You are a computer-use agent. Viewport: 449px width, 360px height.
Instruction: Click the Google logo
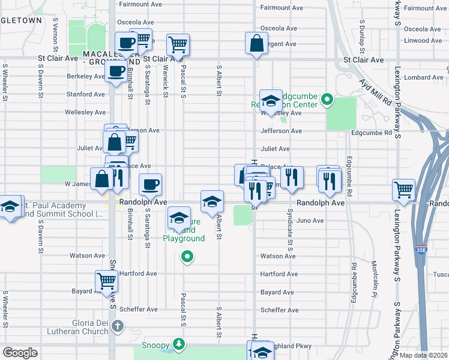(20, 353)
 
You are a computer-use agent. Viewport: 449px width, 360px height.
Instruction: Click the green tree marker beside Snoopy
(178, 344)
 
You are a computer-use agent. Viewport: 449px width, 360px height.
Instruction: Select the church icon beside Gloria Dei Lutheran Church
(118, 327)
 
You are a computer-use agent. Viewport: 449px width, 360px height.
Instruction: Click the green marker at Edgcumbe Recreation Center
(327, 100)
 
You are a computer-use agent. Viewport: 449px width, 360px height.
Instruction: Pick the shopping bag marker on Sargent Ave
(256, 43)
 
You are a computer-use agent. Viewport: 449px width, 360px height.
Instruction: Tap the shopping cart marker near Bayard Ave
(106, 281)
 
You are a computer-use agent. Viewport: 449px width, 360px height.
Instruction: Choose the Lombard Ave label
(424, 77)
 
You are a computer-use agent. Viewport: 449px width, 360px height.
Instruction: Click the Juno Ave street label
(310, 221)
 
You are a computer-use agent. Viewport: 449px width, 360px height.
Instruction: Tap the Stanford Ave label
(87, 94)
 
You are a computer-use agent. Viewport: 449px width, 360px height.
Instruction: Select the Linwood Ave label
(424, 41)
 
